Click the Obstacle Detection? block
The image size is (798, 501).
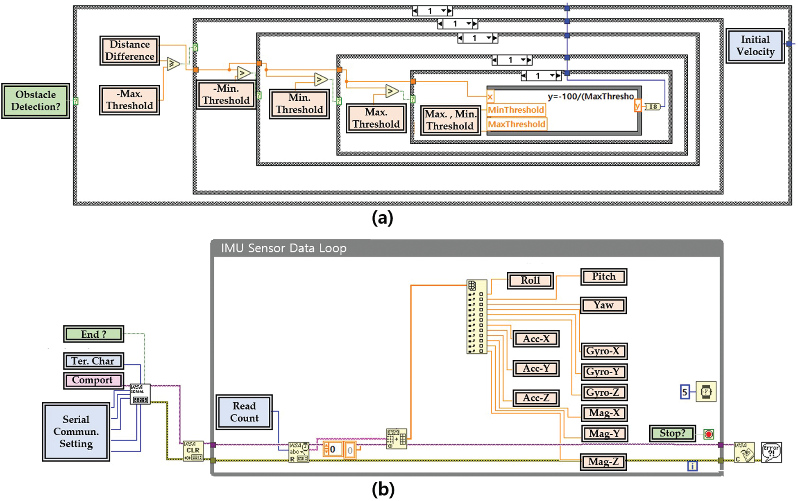pos(36,101)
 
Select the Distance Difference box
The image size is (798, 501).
pos(129,50)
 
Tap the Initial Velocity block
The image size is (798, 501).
pos(755,45)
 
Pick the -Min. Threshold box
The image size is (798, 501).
pos(226,95)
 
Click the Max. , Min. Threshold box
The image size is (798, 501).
pos(450,120)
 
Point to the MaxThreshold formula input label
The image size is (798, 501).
pos(517,124)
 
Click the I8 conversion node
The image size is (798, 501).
pos(653,107)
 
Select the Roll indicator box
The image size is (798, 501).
pos(530,281)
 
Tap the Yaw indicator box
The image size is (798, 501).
pos(603,305)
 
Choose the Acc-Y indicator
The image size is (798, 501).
pos(536,368)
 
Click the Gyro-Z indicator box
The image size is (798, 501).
pos(603,393)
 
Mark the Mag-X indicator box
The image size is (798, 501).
pos(604,413)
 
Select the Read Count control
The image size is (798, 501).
pos(244,412)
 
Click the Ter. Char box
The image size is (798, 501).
pos(93,361)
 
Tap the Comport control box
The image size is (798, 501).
pos(93,380)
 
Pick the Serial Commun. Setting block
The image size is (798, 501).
pos(76,432)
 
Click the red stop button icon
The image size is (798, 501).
pos(709,434)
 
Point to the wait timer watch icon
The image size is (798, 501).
pos(706,392)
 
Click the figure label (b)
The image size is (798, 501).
pos(383,490)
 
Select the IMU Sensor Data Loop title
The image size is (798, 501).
pos(283,248)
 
